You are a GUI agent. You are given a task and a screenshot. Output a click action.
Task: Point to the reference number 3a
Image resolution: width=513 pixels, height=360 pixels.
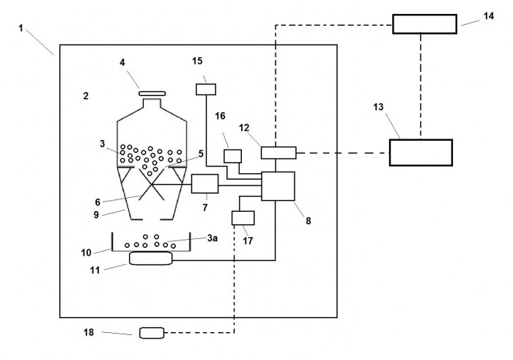click(213, 238)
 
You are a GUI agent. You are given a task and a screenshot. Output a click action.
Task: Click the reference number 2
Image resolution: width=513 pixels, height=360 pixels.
click(86, 96)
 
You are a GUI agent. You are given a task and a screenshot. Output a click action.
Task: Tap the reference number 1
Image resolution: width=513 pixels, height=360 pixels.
click(21, 29)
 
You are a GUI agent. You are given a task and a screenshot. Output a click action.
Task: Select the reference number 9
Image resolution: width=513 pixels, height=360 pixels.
click(96, 215)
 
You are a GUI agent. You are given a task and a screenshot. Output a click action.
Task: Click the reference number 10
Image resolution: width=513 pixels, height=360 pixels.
click(86, 253)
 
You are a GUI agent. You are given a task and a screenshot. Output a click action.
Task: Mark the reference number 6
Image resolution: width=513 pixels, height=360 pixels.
click(97, 202)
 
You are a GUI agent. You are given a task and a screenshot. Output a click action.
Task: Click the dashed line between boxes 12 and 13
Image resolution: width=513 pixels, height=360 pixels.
click(342, 153)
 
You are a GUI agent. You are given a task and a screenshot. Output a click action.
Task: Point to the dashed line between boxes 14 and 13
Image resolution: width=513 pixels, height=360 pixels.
click(421, 87)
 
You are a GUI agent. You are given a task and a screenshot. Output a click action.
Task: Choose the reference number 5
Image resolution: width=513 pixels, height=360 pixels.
click(201, 153)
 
